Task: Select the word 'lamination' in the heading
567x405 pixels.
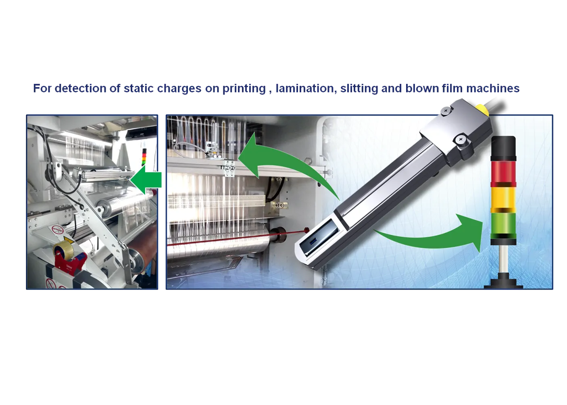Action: click(306, 88)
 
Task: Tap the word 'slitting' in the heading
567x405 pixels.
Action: click(359, 89)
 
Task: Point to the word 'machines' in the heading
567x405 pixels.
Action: click(493, 88)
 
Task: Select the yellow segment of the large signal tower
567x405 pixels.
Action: click(503, 198)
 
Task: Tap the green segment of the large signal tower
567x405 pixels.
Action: click(503, 224)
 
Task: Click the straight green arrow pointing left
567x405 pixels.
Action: click(146, 180)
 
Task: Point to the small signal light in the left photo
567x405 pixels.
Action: click(144, 156)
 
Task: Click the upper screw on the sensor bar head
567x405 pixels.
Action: click(446, 111)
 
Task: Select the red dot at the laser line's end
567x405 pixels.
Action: click(306, 230)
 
